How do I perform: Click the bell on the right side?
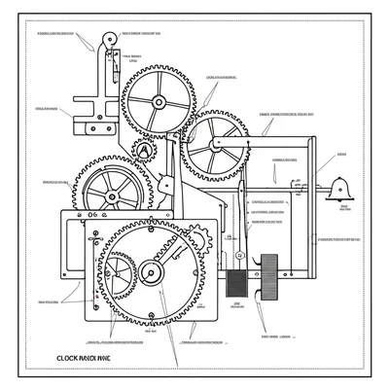[340, 187]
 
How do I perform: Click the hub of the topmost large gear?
[158, 102]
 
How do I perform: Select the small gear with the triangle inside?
[143, 151]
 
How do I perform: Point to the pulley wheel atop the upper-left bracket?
[107, 42]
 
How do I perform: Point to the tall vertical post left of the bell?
[313, 194]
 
